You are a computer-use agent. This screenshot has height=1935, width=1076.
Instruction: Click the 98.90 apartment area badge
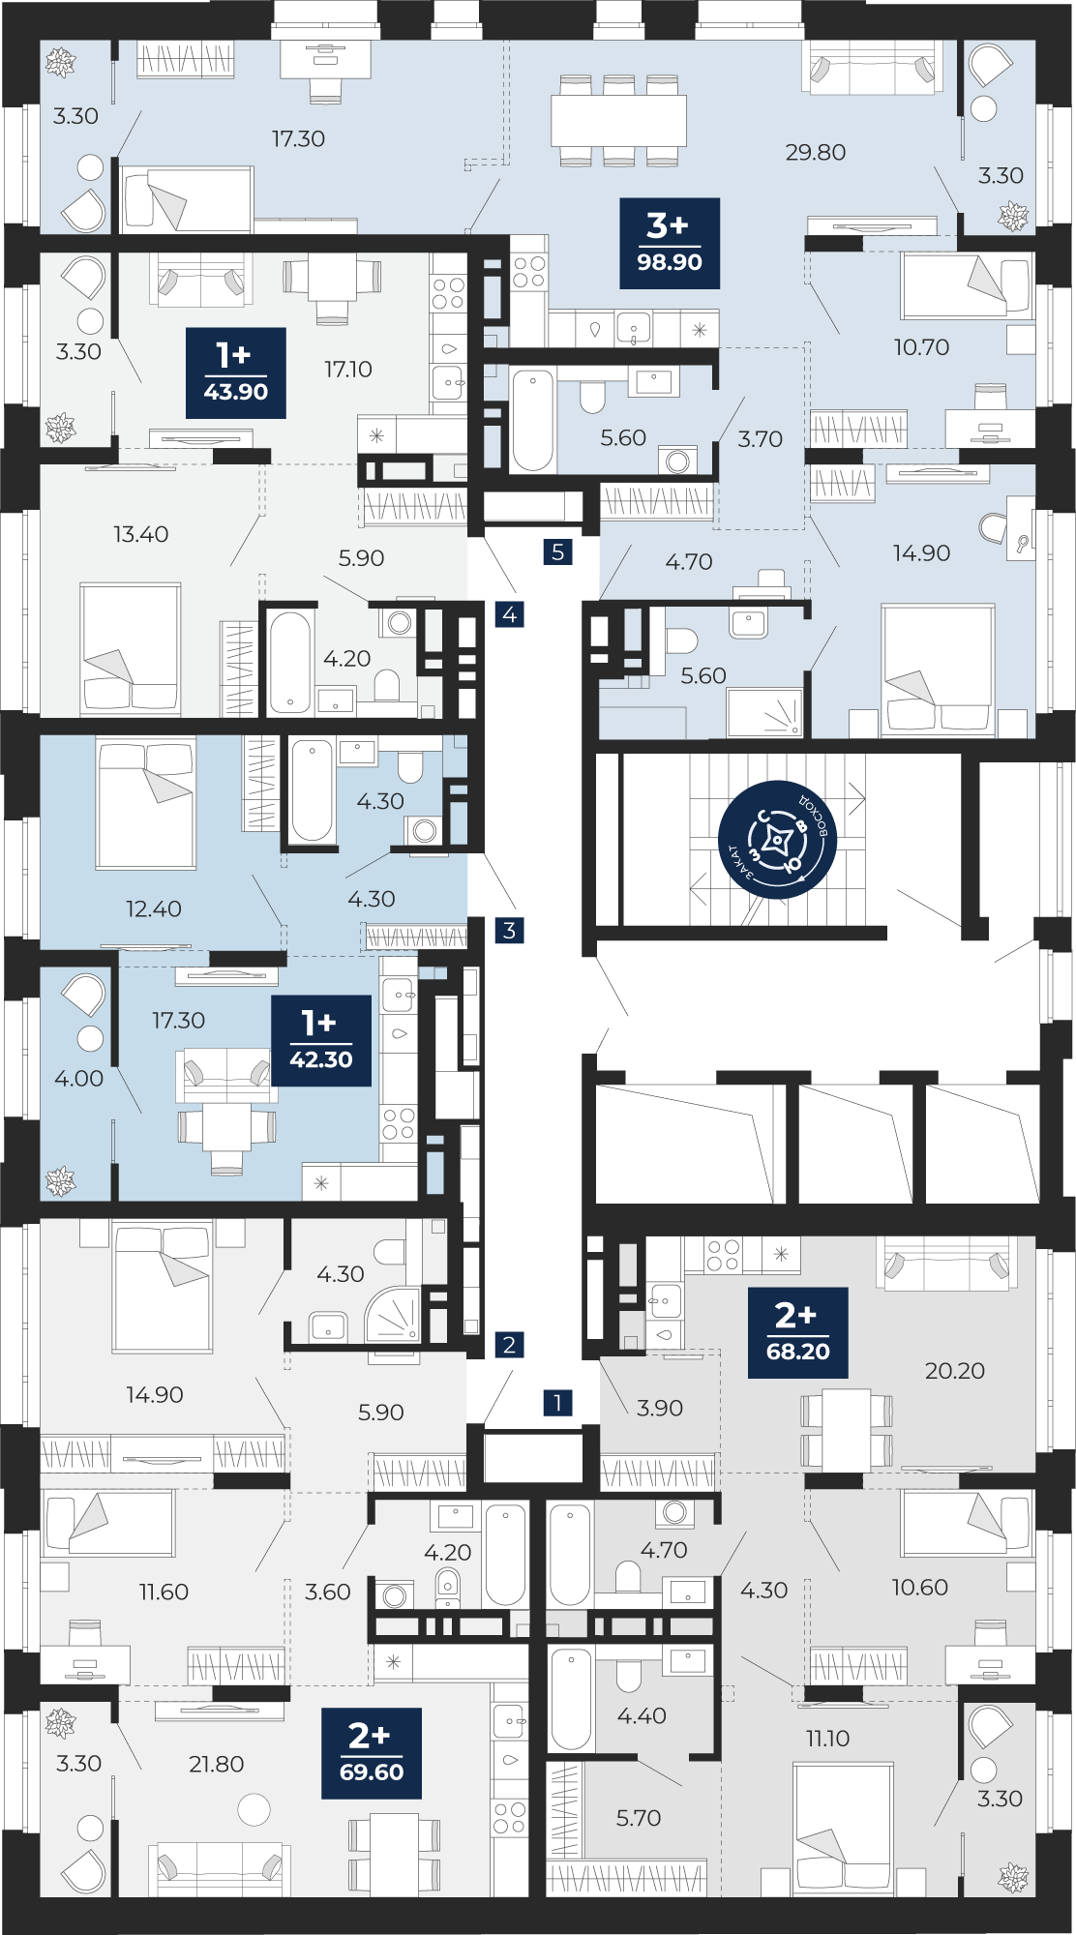point(670,243)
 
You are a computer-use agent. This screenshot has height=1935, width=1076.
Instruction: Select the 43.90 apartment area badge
point(236,372)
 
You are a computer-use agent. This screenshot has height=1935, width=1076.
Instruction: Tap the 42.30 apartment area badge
point(321,1040)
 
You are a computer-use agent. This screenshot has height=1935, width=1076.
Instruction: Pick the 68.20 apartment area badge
point(798,1332)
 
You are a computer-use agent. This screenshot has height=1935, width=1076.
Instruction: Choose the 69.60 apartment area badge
point(372,1753)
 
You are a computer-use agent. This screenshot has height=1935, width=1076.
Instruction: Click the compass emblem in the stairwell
point(778,840)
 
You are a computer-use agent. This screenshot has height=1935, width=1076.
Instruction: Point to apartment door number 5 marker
point(557,552)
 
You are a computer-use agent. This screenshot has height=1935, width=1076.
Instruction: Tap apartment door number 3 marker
point(509,931)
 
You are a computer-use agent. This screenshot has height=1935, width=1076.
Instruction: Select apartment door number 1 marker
point(557,1402)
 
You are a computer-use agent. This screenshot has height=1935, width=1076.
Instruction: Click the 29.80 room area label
point(816,152)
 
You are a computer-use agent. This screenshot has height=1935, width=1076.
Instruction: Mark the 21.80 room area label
point(217,1764)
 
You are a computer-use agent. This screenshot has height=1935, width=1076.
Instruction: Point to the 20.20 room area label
point(955,1370)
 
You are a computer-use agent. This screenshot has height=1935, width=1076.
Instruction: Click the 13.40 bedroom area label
point(141,534)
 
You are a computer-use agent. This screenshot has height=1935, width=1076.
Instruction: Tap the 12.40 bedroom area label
point(154,908)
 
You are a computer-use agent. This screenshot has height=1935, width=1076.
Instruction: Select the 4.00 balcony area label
point(79,1078)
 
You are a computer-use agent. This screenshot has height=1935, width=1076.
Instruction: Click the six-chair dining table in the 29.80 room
point(618,120)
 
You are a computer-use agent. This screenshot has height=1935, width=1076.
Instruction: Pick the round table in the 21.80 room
point(254,1809)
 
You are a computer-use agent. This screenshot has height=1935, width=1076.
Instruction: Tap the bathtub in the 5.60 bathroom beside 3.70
point(532,420)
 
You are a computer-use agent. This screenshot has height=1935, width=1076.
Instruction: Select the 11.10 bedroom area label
point(828,1739)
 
